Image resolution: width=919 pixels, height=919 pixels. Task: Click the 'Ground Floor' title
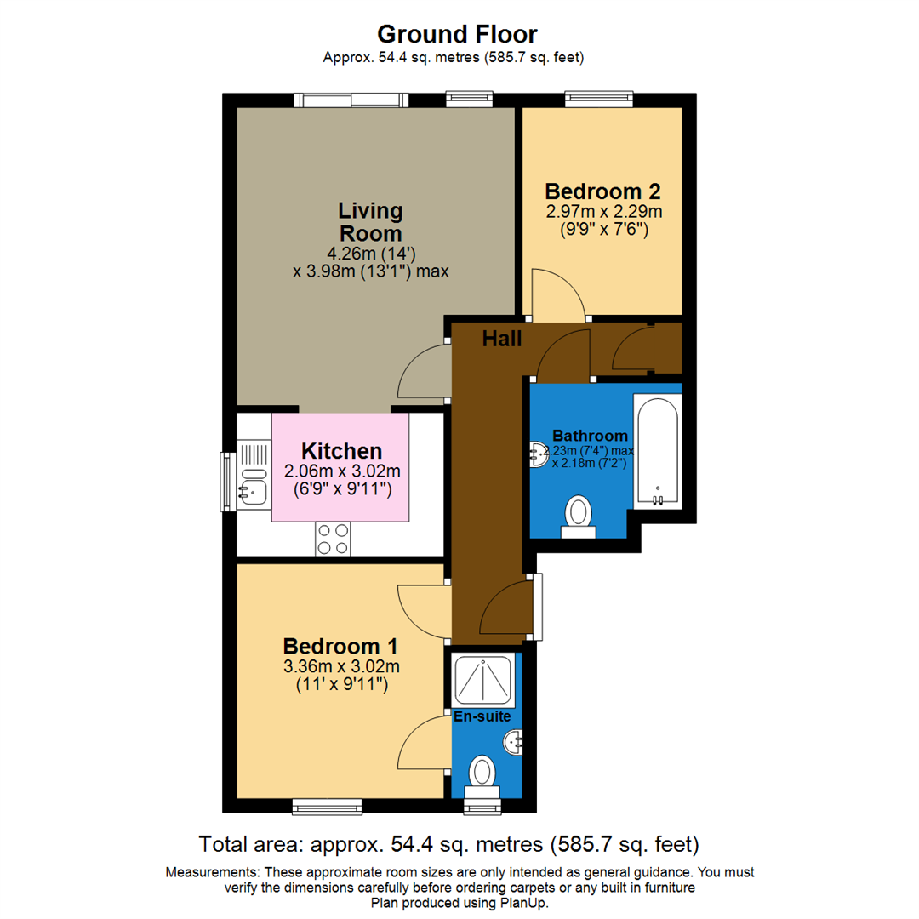[x=457, y=34]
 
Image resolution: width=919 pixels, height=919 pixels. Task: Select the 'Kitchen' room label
[x=340, y=451]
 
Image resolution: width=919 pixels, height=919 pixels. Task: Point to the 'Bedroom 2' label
[x=602, y=191]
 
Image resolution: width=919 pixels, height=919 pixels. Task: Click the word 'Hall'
[x=502, y=339]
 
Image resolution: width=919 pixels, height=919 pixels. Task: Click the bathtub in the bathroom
[x=657, y=451]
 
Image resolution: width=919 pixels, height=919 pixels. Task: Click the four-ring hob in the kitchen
[x=333, y=537]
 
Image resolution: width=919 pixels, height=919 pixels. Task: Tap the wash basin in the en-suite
[x=514, y=743]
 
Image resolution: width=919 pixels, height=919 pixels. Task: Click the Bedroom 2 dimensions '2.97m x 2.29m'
[x=602, y=211]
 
